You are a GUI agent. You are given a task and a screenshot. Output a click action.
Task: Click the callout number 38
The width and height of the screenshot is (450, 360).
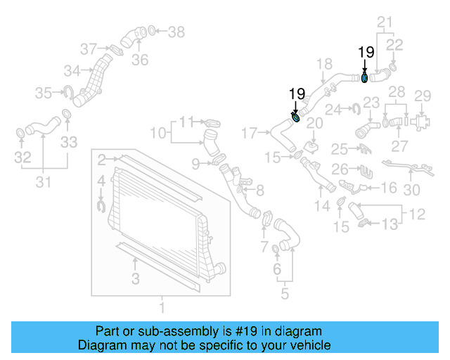pyautogui.click(x=176, y=31)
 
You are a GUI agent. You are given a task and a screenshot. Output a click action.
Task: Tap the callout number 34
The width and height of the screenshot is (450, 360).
pyautogui.click(x=72, y=70)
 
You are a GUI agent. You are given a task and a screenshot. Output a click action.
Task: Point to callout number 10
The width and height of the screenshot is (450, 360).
pyautogui.click(x=158, y=133)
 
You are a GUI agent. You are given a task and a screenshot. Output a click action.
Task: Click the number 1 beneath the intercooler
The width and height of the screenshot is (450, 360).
pyautogui.click(x=162, y=307)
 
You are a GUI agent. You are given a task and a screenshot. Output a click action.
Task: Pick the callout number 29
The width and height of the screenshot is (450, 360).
pyautogui.click(x=422, y=96)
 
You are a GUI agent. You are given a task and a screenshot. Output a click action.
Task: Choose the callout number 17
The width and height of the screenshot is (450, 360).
pyautogui.click(x=250, y=132)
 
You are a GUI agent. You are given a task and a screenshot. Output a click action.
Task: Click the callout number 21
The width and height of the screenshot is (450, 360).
pyautogui.click(x=384, y=23)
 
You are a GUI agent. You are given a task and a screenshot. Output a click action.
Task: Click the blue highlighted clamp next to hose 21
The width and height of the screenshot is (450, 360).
pyautogui.click(x=365, y=76)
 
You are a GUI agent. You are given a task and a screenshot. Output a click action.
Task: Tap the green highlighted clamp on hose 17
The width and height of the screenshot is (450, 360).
pyautogui.click(x=296, y=117)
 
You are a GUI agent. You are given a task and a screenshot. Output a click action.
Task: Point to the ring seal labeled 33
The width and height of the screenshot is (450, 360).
pyautogui.click(x=66, y=115)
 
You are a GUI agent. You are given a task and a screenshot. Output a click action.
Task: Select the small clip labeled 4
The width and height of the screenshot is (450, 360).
pyautogui.click(x=101, y=205)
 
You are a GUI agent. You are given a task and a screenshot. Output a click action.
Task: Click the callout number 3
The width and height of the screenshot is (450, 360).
pyautogui.click(x=136, y=279)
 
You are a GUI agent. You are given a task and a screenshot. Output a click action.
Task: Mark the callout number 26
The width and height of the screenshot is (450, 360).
pyautogui.click(x=340, y=169)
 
